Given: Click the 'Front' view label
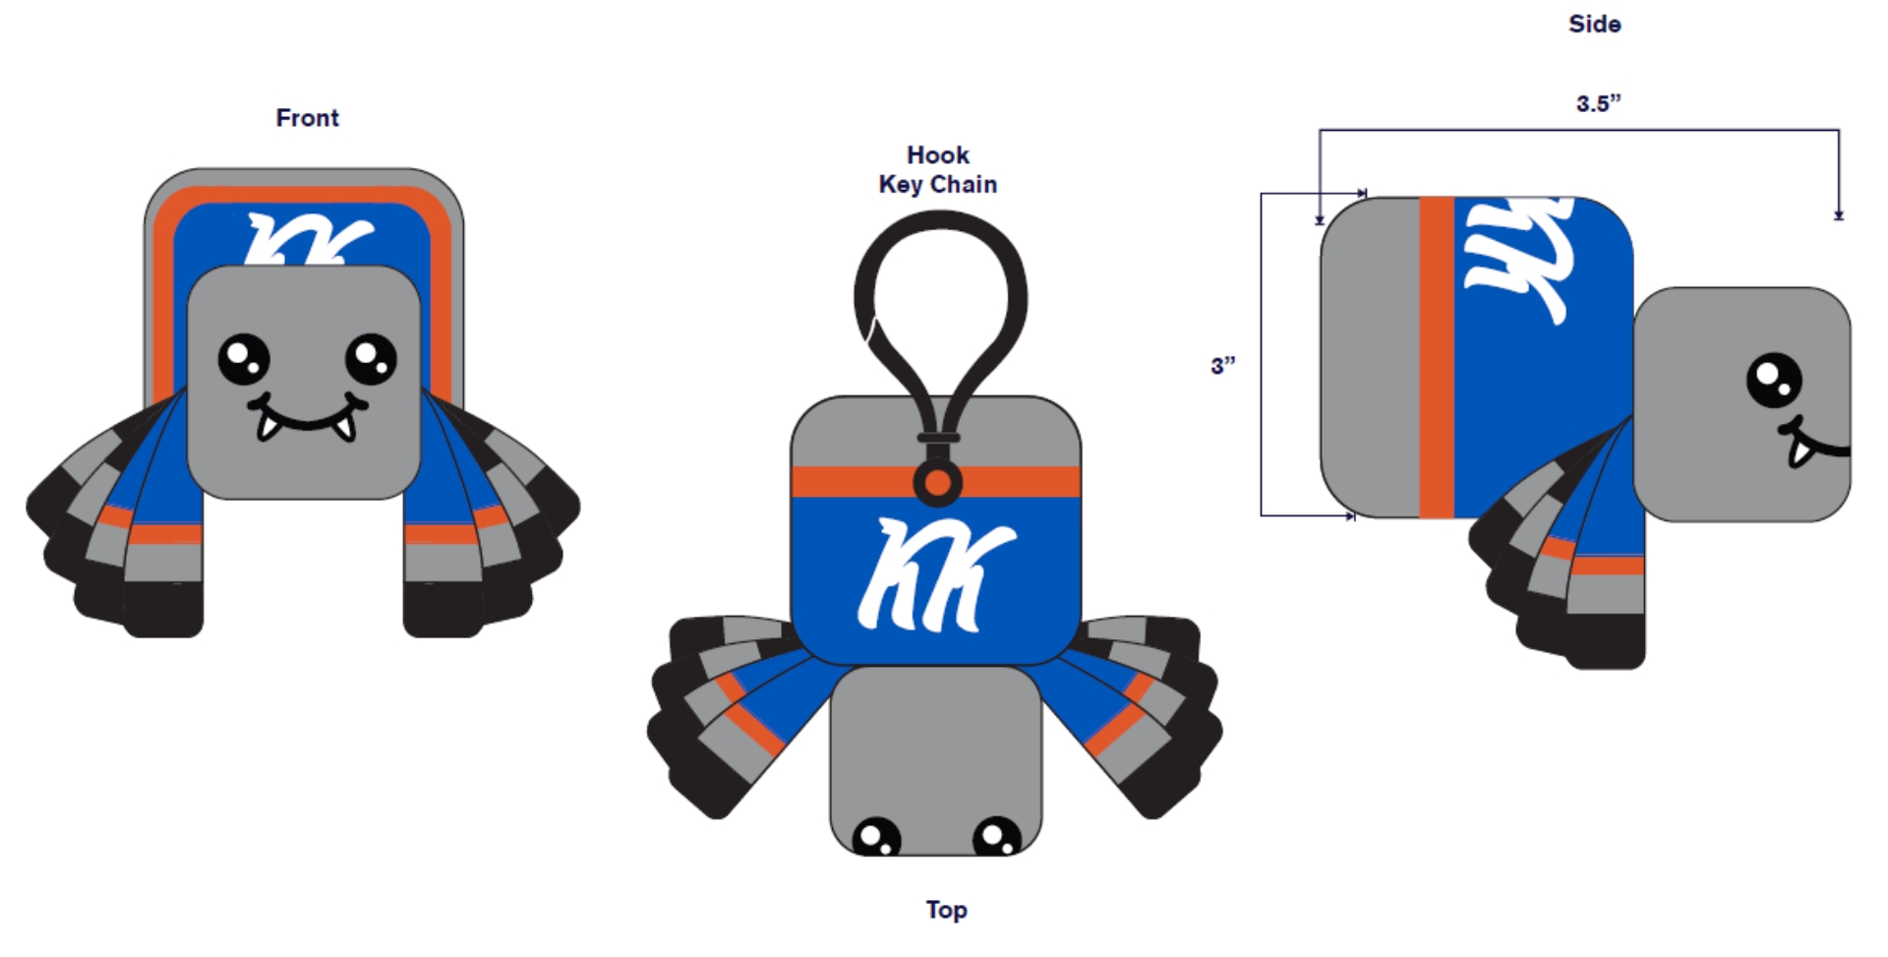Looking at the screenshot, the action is [x=307, y=118].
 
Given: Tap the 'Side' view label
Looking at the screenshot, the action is [x=1594, y=24].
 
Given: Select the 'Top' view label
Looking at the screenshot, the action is [x=946, y=910].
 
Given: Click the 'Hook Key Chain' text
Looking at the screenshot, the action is [x=938, y=169].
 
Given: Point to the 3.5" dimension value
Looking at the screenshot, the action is [x=1598, y=103].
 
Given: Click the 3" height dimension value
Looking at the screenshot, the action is [x=1222, y=366].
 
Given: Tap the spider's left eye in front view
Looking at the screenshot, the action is [x=244, y=360].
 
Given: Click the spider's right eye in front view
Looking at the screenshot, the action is [x=371, y=360].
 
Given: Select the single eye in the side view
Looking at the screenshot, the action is [x=1774, y=380].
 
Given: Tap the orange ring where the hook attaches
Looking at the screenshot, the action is [x=938, y=483].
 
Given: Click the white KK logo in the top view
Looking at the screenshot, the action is [x=935, y=574].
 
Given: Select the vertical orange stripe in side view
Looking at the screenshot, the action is [x=1437, y=357].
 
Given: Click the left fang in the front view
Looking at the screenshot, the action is [x=268, y=424].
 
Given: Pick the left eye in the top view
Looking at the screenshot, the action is [x=877, y=837].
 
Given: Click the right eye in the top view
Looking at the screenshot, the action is [x=997, y=837].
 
